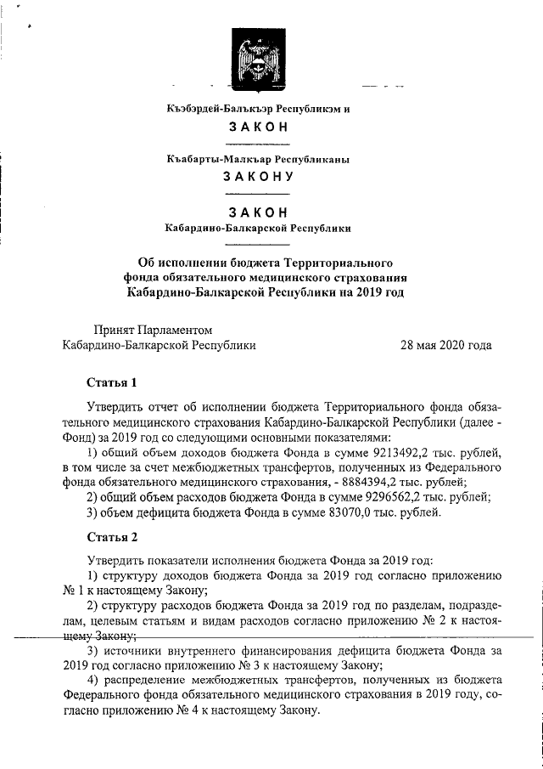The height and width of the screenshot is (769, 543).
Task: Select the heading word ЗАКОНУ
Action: pos(257,178)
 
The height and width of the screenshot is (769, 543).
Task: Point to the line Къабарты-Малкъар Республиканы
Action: pos(257,159)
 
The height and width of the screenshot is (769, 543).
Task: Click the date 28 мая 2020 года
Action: pos(446,346)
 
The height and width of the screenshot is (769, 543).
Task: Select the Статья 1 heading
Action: pos(112,381)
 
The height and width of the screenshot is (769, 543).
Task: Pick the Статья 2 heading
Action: pos(112,537)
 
